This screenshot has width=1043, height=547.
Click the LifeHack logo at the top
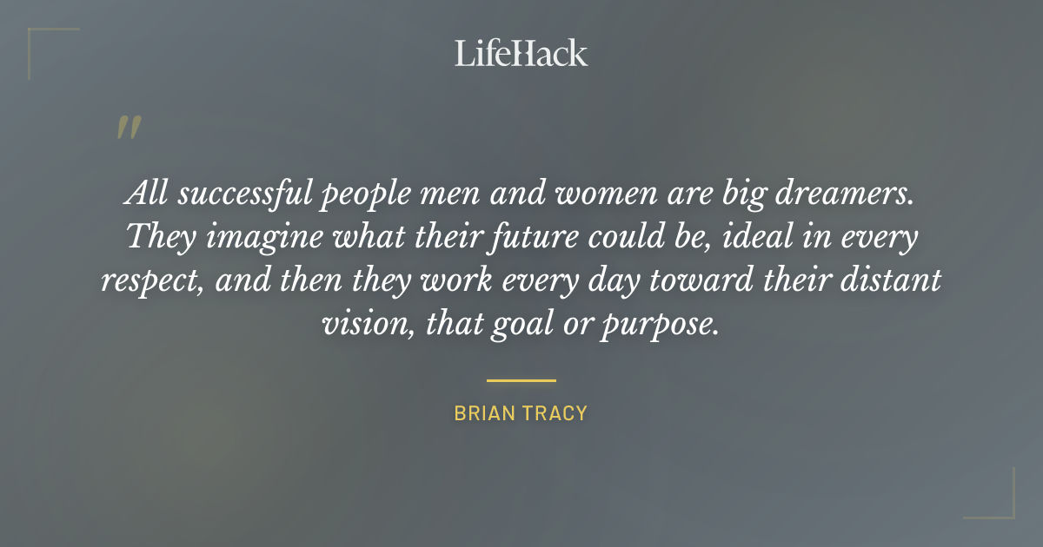(521, 53)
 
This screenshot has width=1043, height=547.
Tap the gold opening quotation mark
(128, 129)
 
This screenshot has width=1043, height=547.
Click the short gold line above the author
(521, 380)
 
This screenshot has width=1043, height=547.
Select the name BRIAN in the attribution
(484, 413)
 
